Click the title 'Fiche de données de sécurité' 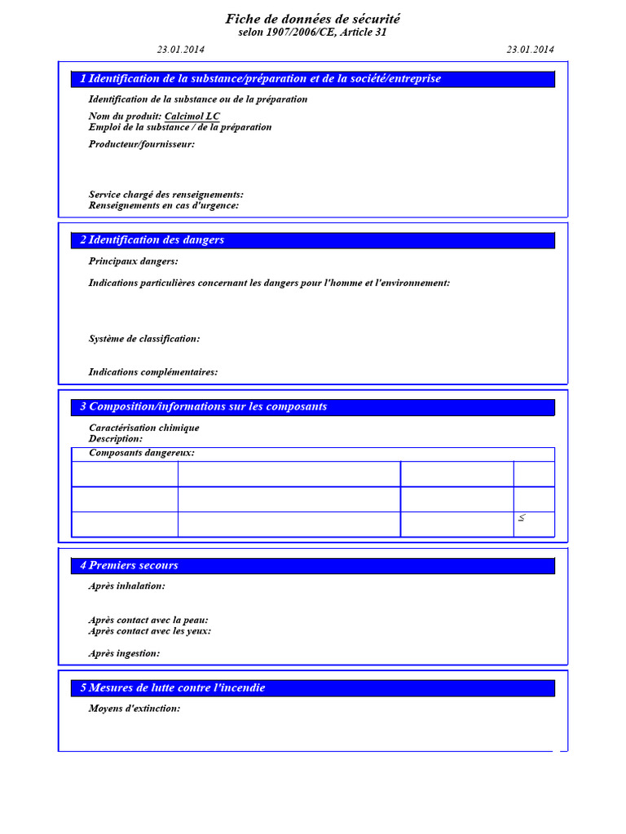coord(313,19)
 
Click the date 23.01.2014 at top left coord(181,50)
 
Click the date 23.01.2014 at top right coord(530,50)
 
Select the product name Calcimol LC coord(192,116)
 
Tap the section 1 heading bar coord(313,79)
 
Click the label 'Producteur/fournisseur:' coord(142,144)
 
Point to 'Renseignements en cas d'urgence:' coord(164,206)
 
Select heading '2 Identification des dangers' coord(152,240)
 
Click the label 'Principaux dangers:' coord(134,261)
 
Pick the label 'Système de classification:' coord(144,339)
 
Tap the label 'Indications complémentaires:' coord(153,372)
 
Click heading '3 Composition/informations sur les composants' coord(204,406)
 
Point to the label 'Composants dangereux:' coord(142,453)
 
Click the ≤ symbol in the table coord(522,518)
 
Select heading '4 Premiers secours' coord(129,565)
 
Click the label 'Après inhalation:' coord(127,586)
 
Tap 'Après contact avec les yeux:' coord(150,631)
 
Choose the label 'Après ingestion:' coord(125,653)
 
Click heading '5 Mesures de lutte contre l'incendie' coord(173,688)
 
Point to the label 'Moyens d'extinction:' coord(134,709)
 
